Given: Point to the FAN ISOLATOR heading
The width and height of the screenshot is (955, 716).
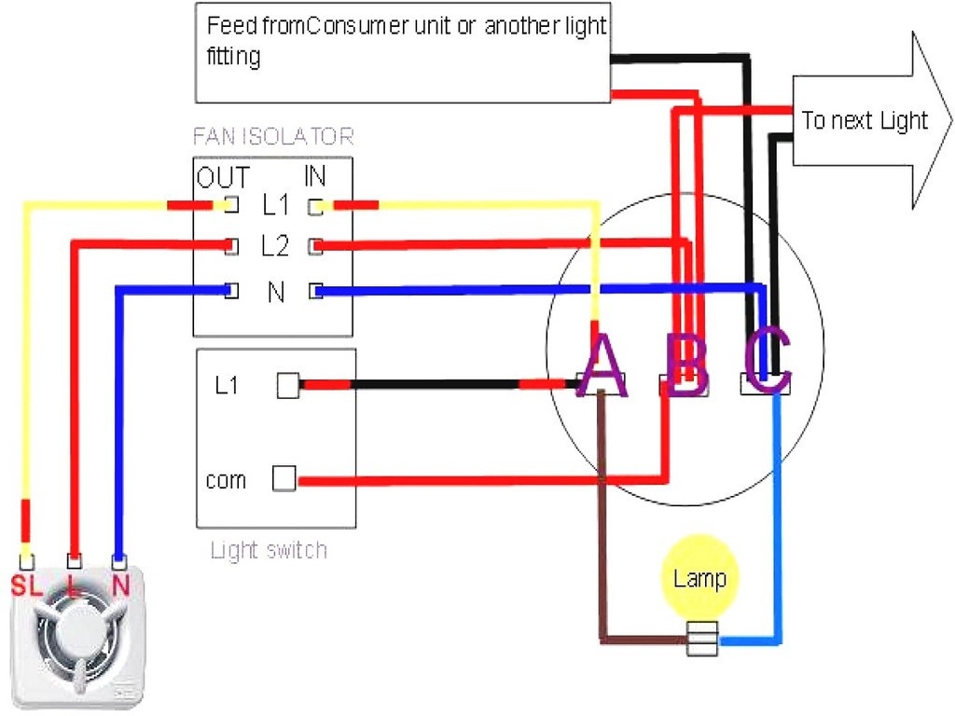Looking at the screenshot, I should tap(273, 137).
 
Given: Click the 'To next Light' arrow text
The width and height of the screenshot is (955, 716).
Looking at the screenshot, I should tap(865, 120).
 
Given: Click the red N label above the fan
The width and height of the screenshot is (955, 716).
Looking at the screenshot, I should tap(119, 586).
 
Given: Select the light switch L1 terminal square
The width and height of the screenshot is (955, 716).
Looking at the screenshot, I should tap(288, 386).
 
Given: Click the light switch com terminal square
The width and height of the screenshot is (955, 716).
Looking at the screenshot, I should tap(284, 479).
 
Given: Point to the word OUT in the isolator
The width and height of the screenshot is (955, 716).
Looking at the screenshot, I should tap(222, 177).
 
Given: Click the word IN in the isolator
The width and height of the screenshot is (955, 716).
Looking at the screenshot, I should tap(314, 177).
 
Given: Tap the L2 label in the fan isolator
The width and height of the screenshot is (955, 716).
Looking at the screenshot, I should tap(275, 247).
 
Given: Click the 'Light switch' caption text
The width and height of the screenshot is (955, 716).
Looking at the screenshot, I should tap(269, 550).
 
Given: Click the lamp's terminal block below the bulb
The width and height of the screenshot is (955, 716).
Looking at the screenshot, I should tap(701, 639).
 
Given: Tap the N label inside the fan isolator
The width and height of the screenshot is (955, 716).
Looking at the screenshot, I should tap(275, 293).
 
